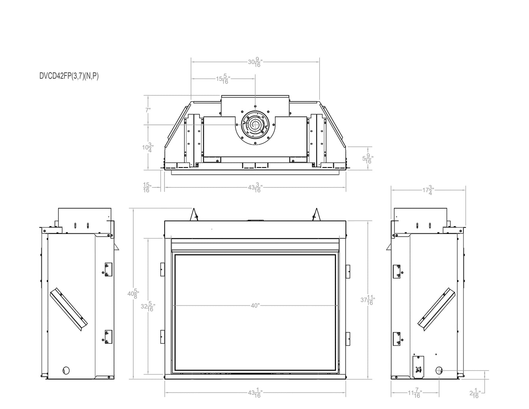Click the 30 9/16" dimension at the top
[x=255, y=62]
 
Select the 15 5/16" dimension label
[x=223, y=79]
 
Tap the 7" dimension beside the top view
[x=148, y=109]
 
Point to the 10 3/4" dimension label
[x=148, y=148]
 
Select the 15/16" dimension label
[x=146, y=188]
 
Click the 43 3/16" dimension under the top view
[x=255, y=188]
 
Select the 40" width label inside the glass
[x=255, y=305]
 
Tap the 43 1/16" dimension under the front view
[x=255, y=394]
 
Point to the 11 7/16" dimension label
[x=415, y=394]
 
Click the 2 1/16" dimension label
[x=475, y=394]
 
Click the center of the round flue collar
[x=255, y=125]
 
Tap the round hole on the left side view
[x=66, y=370]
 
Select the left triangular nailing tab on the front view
[x=194, y=215]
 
